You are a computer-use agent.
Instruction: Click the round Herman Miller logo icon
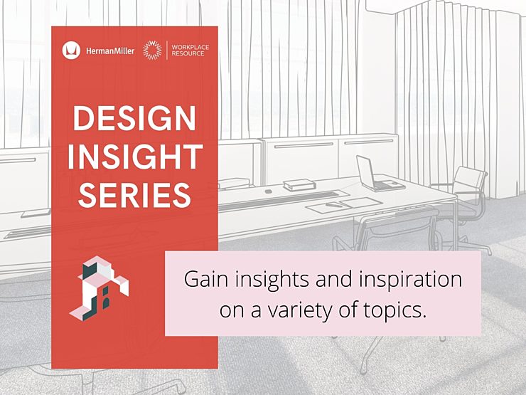tap(71, 51)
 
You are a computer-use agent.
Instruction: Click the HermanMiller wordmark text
tap(110, 51)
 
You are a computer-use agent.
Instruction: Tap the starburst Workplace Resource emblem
tap(152, 51)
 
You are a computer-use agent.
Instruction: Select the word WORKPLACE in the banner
tap(190, 47)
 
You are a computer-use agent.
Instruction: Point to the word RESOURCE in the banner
tap(188, 53)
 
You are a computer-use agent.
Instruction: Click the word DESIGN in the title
tap(134, 118)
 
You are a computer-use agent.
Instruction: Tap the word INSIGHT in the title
tap(135, 157)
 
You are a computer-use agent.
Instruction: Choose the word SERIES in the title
tap(134, 195)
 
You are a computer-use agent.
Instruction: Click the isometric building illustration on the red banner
tap(99, 288)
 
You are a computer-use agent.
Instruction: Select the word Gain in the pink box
tap(205, 280)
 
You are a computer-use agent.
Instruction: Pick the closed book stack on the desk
tap(299, 185)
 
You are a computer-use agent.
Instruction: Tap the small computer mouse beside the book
tap(268, 191)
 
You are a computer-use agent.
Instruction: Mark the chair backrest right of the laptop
tap(470, 180)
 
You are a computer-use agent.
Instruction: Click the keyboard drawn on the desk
tap(279, 200)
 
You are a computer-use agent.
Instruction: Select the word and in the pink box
tap(329, 280)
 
